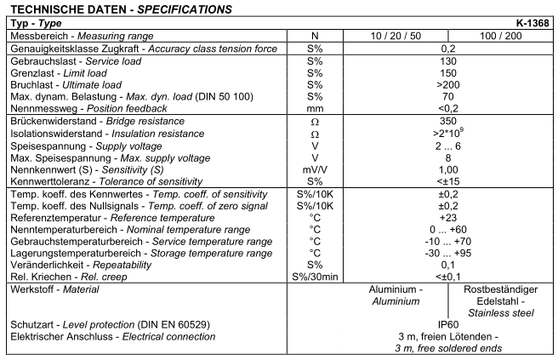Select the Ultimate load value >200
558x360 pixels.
pos(447,87)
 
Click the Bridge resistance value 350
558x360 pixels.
pos(447,122)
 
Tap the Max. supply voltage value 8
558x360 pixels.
pos(447,157)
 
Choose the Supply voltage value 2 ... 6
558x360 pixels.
pos(447,146)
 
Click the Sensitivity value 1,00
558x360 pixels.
pos(447,169)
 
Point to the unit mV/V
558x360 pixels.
pos(315,169)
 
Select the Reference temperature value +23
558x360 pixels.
pos(447,218)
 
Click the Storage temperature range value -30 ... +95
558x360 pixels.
pos(447,253)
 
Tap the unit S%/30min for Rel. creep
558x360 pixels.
pos(315,277)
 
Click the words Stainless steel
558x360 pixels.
pos(500,313)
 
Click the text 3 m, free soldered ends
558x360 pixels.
pos(447,349)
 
